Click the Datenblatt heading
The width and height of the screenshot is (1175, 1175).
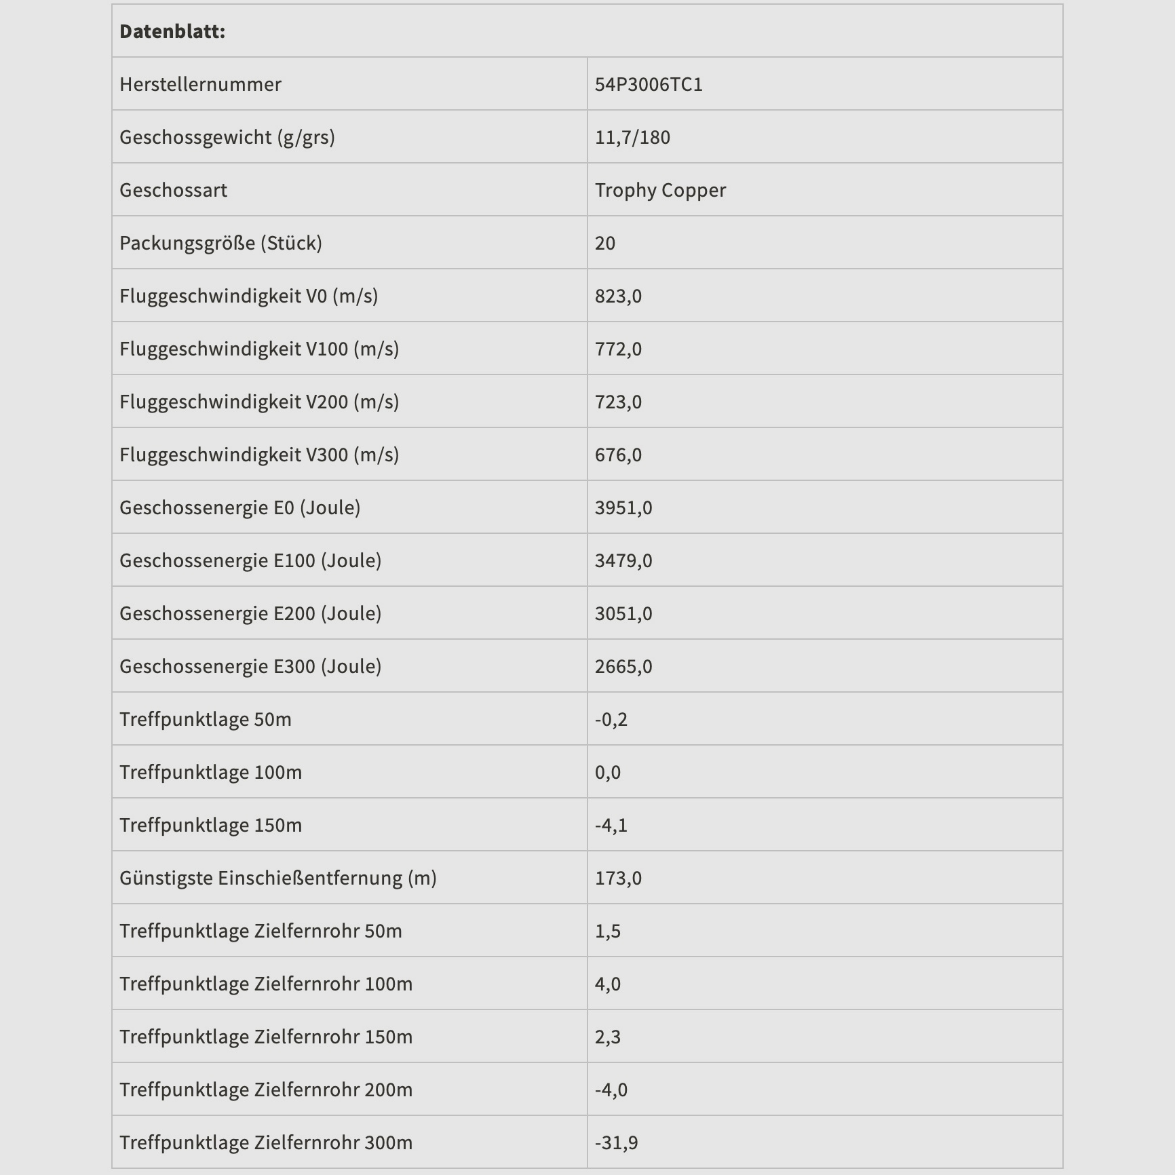tap(172, 31)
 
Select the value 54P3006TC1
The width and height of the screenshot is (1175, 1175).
tap(649, 84)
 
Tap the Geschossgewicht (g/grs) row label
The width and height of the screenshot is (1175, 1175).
tap(227, 137)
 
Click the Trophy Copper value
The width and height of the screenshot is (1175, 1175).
tap(660, 190)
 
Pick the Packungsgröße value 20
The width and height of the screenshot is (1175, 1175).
tap(605, 243)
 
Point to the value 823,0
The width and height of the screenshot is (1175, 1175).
tap(618, 296)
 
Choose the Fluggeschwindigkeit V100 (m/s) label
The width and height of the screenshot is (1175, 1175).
tap(259, 349)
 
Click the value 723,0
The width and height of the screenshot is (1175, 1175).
tap(618, 402)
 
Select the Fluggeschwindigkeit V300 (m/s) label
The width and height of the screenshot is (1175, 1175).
tap(259, 455)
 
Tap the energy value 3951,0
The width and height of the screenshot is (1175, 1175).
tap(623, 507)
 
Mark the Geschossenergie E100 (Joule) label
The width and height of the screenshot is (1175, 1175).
tap(250, 560)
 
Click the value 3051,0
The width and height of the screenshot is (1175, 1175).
tap(623, 613)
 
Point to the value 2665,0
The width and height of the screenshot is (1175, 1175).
tap(623, 666)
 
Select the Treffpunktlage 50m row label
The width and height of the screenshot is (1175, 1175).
tap(206, 719)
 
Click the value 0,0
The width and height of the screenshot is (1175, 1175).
tap(608, 772)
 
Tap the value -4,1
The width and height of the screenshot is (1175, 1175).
tap(611, 825)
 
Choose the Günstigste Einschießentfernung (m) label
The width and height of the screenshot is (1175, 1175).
tap(278, 878)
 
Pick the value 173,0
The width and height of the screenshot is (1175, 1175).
tap(618, 878)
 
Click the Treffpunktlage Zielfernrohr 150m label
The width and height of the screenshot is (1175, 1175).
tap(266, 1037)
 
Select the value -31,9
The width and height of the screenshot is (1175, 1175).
tap(617, 1142)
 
